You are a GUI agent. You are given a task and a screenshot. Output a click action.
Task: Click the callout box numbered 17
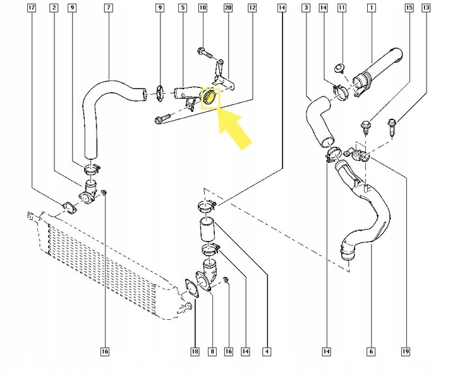(33, 8)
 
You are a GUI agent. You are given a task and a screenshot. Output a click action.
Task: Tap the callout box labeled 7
(108, 8)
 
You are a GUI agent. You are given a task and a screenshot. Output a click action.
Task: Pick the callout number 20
(228, 8)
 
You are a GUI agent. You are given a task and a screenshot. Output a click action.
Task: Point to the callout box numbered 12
(252, 8)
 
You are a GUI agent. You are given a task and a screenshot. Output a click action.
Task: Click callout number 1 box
(371, 8)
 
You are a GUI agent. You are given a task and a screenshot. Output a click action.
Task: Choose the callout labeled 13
(425, 8)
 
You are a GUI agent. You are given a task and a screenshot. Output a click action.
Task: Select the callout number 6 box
(371, 351)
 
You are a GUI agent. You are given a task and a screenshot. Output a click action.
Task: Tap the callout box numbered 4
(267, 351)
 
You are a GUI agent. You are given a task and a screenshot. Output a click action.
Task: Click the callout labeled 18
(195, 351)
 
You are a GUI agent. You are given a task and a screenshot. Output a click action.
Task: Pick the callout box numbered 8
(212, 351)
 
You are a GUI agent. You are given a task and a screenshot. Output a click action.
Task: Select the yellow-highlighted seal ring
(209, 98)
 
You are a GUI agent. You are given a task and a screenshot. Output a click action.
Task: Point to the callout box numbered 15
(409, 8)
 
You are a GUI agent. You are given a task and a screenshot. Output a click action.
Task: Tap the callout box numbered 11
(342, 8)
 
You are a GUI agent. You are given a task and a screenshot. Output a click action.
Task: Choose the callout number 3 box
(306, 8)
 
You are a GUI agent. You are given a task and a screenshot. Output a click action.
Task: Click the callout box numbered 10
(202, 8)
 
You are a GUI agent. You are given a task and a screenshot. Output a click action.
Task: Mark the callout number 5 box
(183, 8)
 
